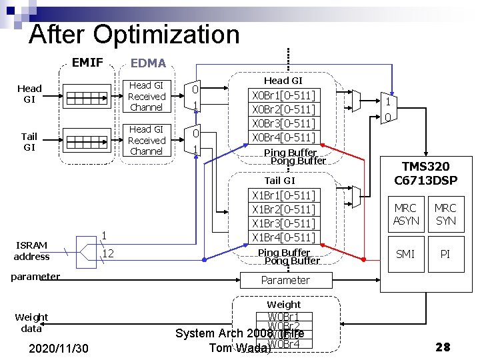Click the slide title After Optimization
[133, 35]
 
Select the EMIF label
[87, 63]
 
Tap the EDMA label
[148, 63]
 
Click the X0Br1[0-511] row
[283, 95]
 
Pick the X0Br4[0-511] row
[283, 137]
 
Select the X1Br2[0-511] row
[283, 209]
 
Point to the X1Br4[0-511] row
[283, 237]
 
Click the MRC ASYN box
[406, 214]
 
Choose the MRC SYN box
[445, 214]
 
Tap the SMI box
[406, 254]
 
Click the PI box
[445, 254]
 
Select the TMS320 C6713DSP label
[425, 173]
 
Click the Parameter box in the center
[285, 280]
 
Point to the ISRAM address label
[31, 251]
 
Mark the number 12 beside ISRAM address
[107, 253]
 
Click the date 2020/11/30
[61, 347]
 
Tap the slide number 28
[443, 347]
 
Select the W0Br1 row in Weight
[283, 316]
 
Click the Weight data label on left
[31, 323]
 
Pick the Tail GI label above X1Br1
[279, 181]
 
